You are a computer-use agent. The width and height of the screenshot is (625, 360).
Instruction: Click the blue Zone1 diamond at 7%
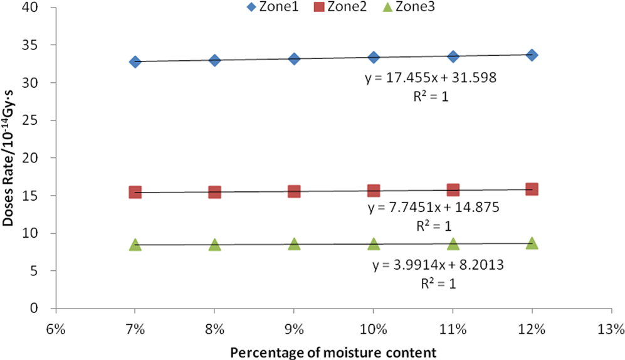click(x=135, y=61)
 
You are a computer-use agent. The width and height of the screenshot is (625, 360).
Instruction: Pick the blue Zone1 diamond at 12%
click(x=532, y=55)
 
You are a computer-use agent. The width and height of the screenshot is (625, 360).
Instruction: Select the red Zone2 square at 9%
click(x=294, y=191)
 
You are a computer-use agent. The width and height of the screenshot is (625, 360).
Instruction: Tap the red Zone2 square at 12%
click(x=532, y=189)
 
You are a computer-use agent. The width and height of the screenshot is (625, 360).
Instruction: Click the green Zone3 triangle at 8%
click(x=214, y=245)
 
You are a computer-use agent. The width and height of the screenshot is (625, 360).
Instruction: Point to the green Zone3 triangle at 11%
click(x=453, y=243)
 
